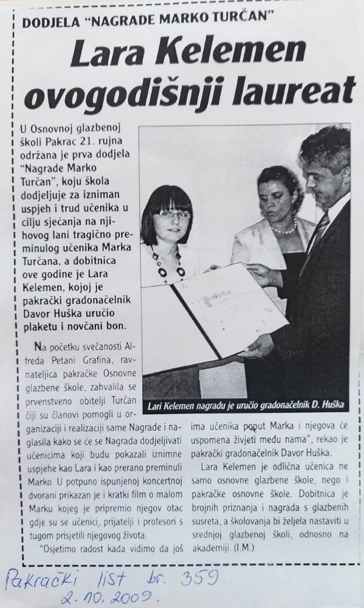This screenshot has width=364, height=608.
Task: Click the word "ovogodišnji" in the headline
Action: click(x=130, y=91)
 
